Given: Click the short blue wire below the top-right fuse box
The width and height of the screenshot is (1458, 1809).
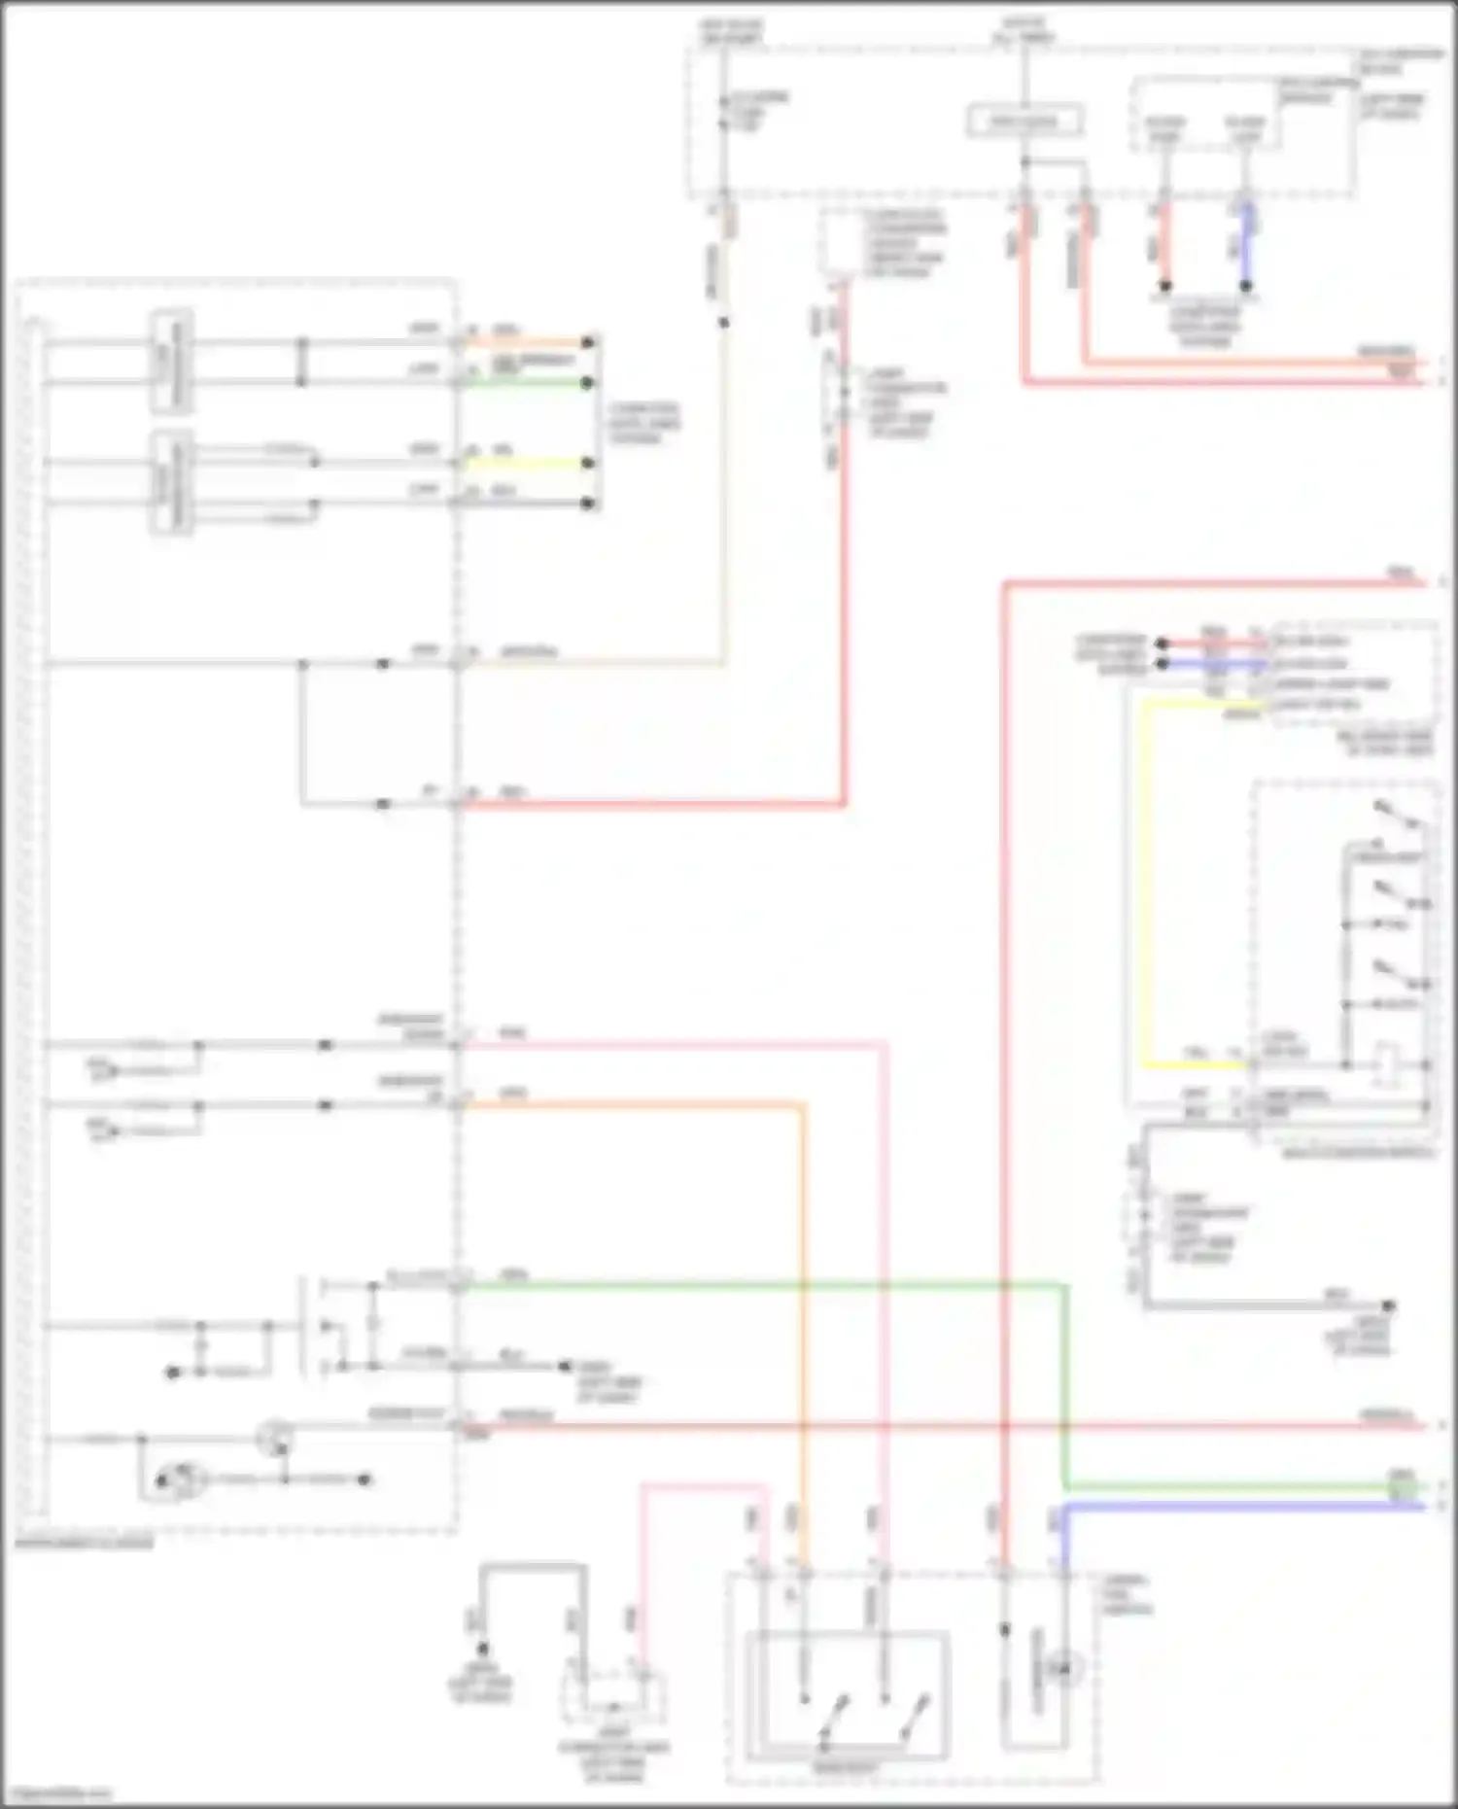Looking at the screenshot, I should pyautogui.click(x=1247, y=243).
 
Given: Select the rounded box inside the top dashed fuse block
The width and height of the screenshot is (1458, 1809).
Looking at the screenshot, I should pyautogui.click(x=1024, y=121).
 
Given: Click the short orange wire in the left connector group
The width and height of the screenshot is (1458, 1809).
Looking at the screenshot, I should pyautogui.click(x=525, y=342).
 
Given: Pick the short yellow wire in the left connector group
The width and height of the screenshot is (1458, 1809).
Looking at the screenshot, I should pyautogui.click(x=525, y=463).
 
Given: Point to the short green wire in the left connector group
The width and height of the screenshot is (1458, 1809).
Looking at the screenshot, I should pyautogui.click(x=525, y=383).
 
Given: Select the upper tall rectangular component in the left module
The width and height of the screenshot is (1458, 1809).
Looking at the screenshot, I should pyautogui.click(x=171, y=362).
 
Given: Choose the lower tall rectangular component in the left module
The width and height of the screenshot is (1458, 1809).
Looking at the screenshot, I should pyautogui.click(x=171, y=483).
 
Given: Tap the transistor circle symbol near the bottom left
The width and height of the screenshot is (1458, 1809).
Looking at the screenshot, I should pyautogui.click(x=274, y=1437).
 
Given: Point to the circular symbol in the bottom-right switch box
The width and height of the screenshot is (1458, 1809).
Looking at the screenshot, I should pyautogui.click(x=1062, y=1668).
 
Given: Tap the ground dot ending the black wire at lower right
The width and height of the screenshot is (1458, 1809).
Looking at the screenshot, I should pyautogui.click(x=1389, y=1305).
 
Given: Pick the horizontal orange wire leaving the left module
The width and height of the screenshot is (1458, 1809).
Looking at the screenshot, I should pyautogui.click(x=632, y=1104).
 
